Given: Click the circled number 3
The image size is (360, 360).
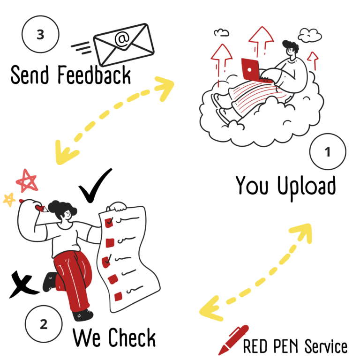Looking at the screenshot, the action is [x=40, y=34].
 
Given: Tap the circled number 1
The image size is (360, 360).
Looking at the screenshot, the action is [x=328, y=151].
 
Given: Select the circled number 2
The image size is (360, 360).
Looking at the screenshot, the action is [x=44, y=324].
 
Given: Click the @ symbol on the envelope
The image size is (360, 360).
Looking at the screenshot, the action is [x=122, y=39].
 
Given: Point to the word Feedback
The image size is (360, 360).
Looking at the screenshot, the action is [x=94, y=75].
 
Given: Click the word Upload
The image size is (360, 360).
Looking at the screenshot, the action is [x=307, y=187].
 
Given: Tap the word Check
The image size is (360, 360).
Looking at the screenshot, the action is [x=132, y=337].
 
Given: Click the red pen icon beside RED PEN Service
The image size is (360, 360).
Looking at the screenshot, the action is [x=232, y=340].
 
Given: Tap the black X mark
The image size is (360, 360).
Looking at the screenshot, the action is [x=23, y=284].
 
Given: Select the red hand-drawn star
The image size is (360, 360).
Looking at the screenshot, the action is [x=27, y=181].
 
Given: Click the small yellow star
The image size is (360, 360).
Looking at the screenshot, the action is [x=9, y=199].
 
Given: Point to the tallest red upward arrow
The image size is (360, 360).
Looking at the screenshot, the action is [x=261, y=41].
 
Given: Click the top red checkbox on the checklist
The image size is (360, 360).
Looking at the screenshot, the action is [x=109, y=223].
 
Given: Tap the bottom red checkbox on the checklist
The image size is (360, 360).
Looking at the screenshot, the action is [x=118, y=296].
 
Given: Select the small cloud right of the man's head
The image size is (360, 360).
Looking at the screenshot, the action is [x=310, y=35].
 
